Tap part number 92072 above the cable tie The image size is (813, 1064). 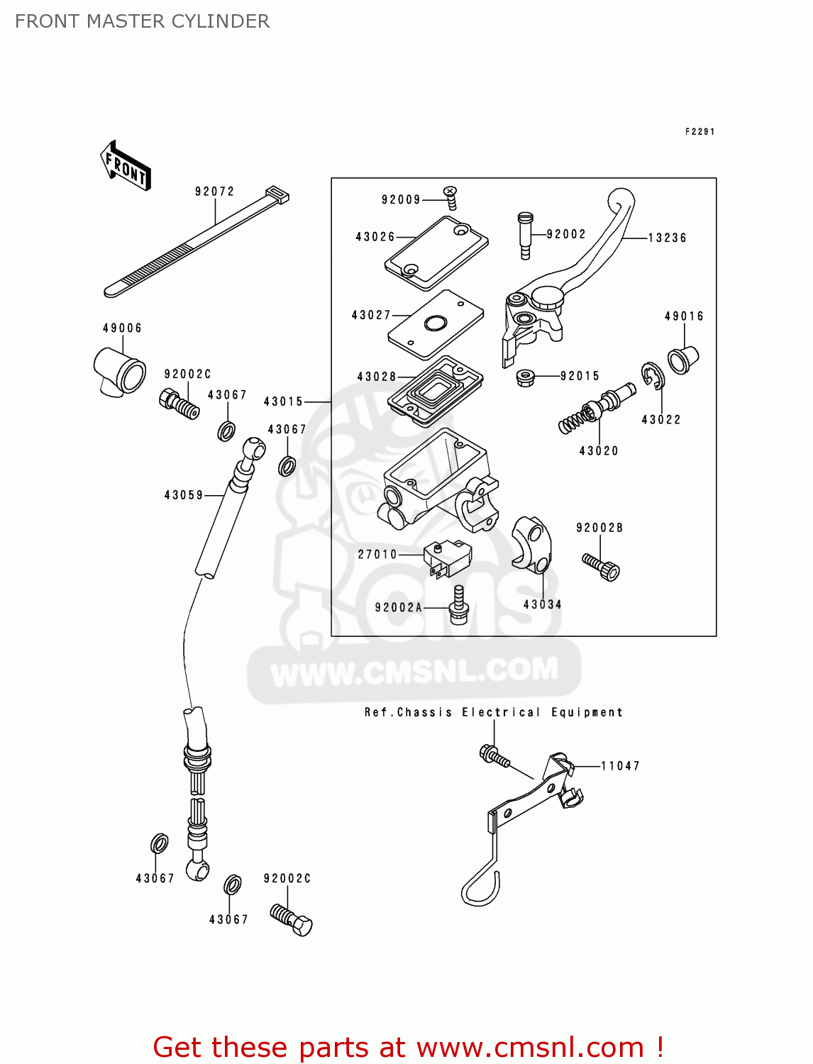[214, 192]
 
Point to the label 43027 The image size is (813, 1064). [371, 315]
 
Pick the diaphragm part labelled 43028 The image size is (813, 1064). [435, 392]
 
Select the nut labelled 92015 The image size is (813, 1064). [525, 377]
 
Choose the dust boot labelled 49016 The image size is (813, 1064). [683, 359]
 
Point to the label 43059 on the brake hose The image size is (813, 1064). [184, 495]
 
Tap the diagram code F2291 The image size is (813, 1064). [699, 132]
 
